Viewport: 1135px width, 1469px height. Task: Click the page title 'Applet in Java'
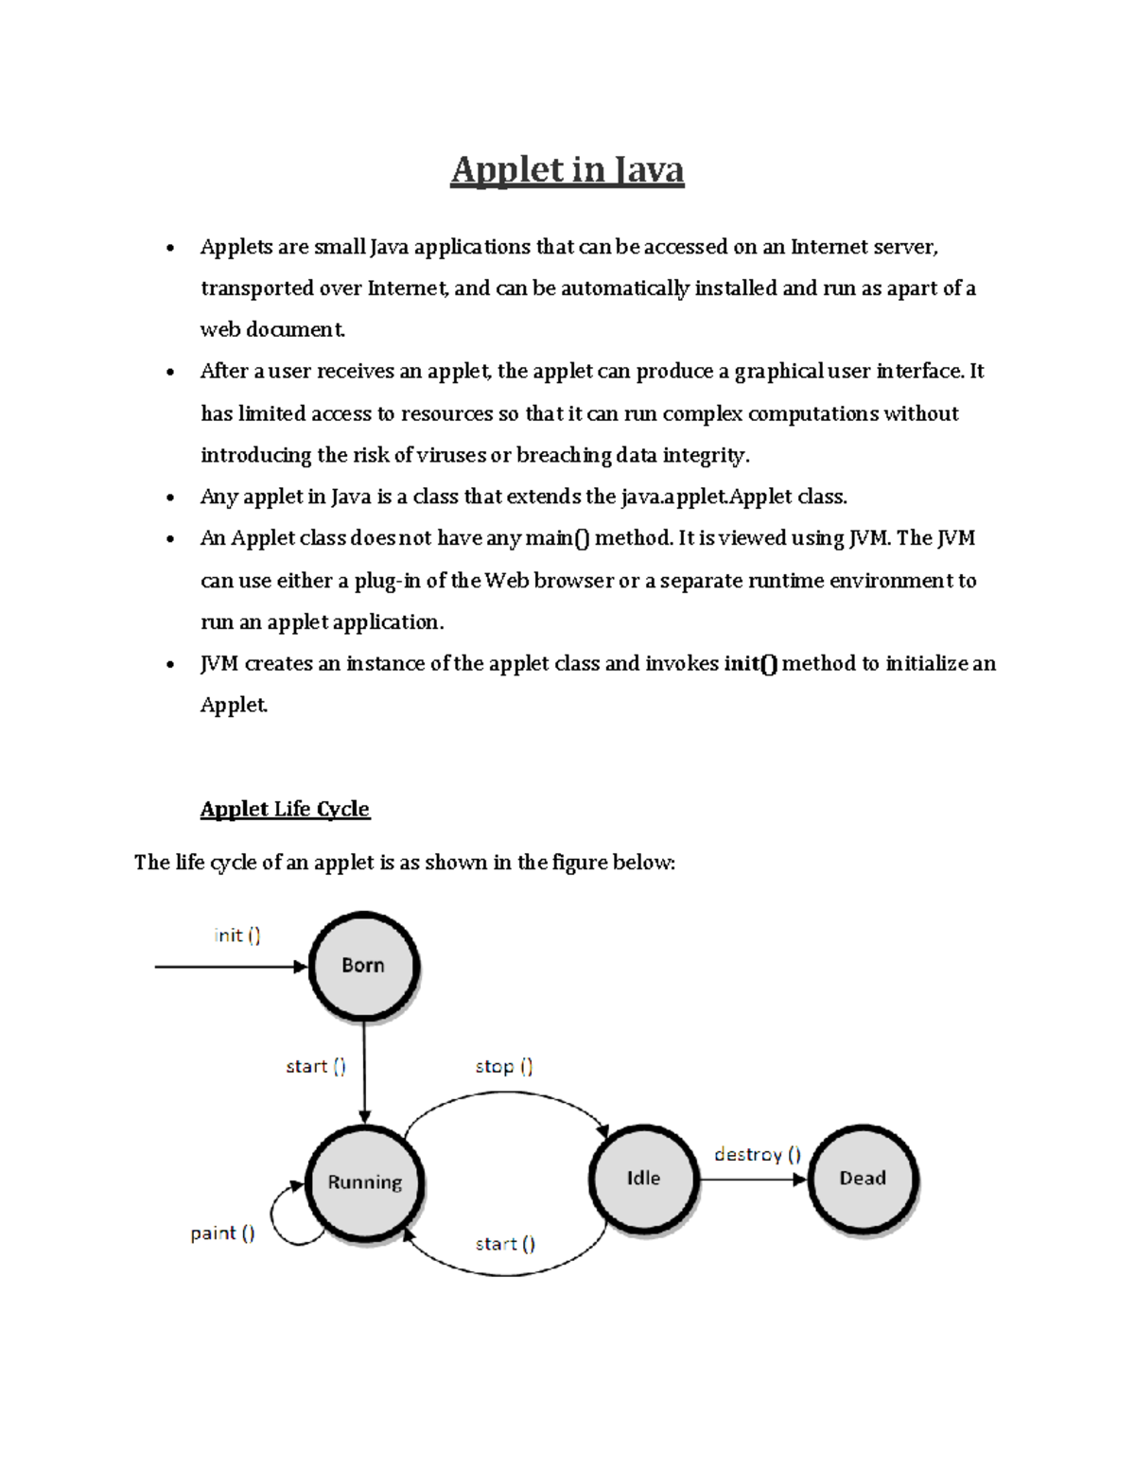567,170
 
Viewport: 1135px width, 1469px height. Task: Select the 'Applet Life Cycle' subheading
285,809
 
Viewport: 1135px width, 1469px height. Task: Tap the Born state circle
363,966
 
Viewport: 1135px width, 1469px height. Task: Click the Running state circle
364,1182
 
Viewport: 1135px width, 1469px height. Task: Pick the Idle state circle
643,1179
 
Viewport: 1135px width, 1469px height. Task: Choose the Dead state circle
863,1179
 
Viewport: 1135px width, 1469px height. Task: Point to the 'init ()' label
237,936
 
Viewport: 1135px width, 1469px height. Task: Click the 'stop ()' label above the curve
503,1066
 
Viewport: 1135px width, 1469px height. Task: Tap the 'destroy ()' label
757,1154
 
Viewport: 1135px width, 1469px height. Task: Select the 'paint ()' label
222,1233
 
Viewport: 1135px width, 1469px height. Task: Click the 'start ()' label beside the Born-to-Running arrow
316,1066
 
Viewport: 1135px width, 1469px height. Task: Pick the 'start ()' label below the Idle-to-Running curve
505,1244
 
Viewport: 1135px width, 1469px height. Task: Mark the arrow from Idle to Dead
752,1180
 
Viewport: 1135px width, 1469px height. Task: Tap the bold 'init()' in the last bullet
751,664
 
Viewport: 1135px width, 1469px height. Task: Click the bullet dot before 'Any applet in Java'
170,498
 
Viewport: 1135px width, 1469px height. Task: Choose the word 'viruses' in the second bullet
451,456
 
